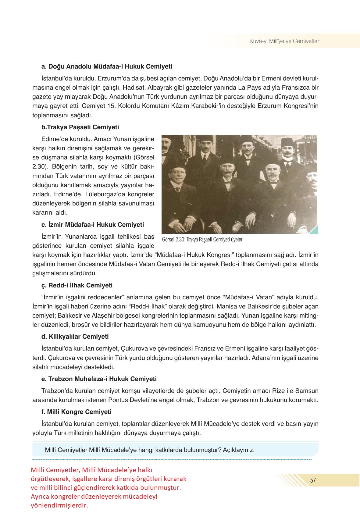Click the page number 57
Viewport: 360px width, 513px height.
[x=313, y=480]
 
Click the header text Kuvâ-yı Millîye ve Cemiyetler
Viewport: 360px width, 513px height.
[x=284, y=41]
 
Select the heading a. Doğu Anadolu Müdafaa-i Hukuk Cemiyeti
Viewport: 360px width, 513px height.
[x=107, y=66]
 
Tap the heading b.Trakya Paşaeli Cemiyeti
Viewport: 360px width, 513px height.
[x=80, y=127]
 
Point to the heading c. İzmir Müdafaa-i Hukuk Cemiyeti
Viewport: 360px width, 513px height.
[x=93, y=225]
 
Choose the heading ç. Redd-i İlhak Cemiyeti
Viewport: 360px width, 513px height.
[x=77, y=285]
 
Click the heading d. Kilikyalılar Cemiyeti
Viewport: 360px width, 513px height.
[x=75, y=337]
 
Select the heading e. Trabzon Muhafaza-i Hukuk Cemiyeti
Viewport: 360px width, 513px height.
[x=99, y=379]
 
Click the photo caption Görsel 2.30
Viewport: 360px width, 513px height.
[x=203, y=240]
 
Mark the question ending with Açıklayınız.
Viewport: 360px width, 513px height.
[x=149, y=450]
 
